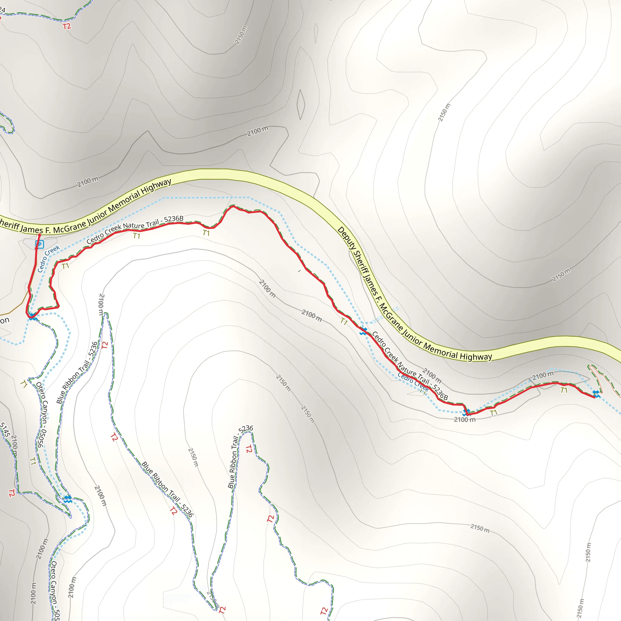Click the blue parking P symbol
tap(39, 245)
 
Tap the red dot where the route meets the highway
tap(39, 235)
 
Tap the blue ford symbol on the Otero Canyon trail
tap(67, 499)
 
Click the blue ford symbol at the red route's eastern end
tap(596, 394)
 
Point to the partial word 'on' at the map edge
tap(5, 320)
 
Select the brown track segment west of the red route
tap(16, 307)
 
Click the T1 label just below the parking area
tap(65, 266)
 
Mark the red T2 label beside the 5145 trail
tap(12, 493)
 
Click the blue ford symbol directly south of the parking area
tap(32, 317)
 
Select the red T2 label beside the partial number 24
tap(66, 26)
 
